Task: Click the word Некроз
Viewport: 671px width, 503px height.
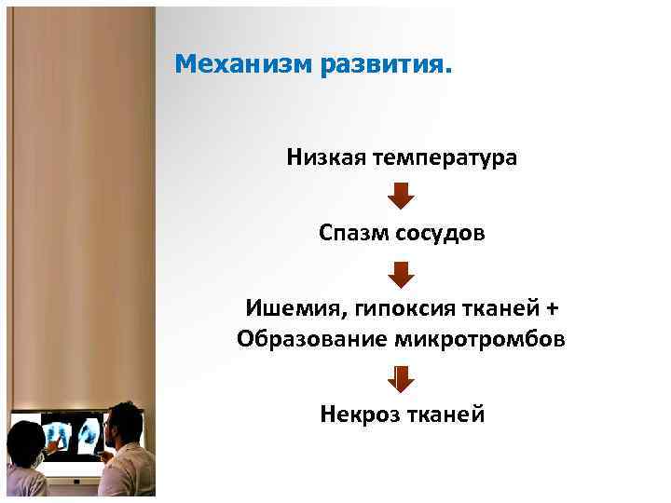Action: click(x=359, y=413)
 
